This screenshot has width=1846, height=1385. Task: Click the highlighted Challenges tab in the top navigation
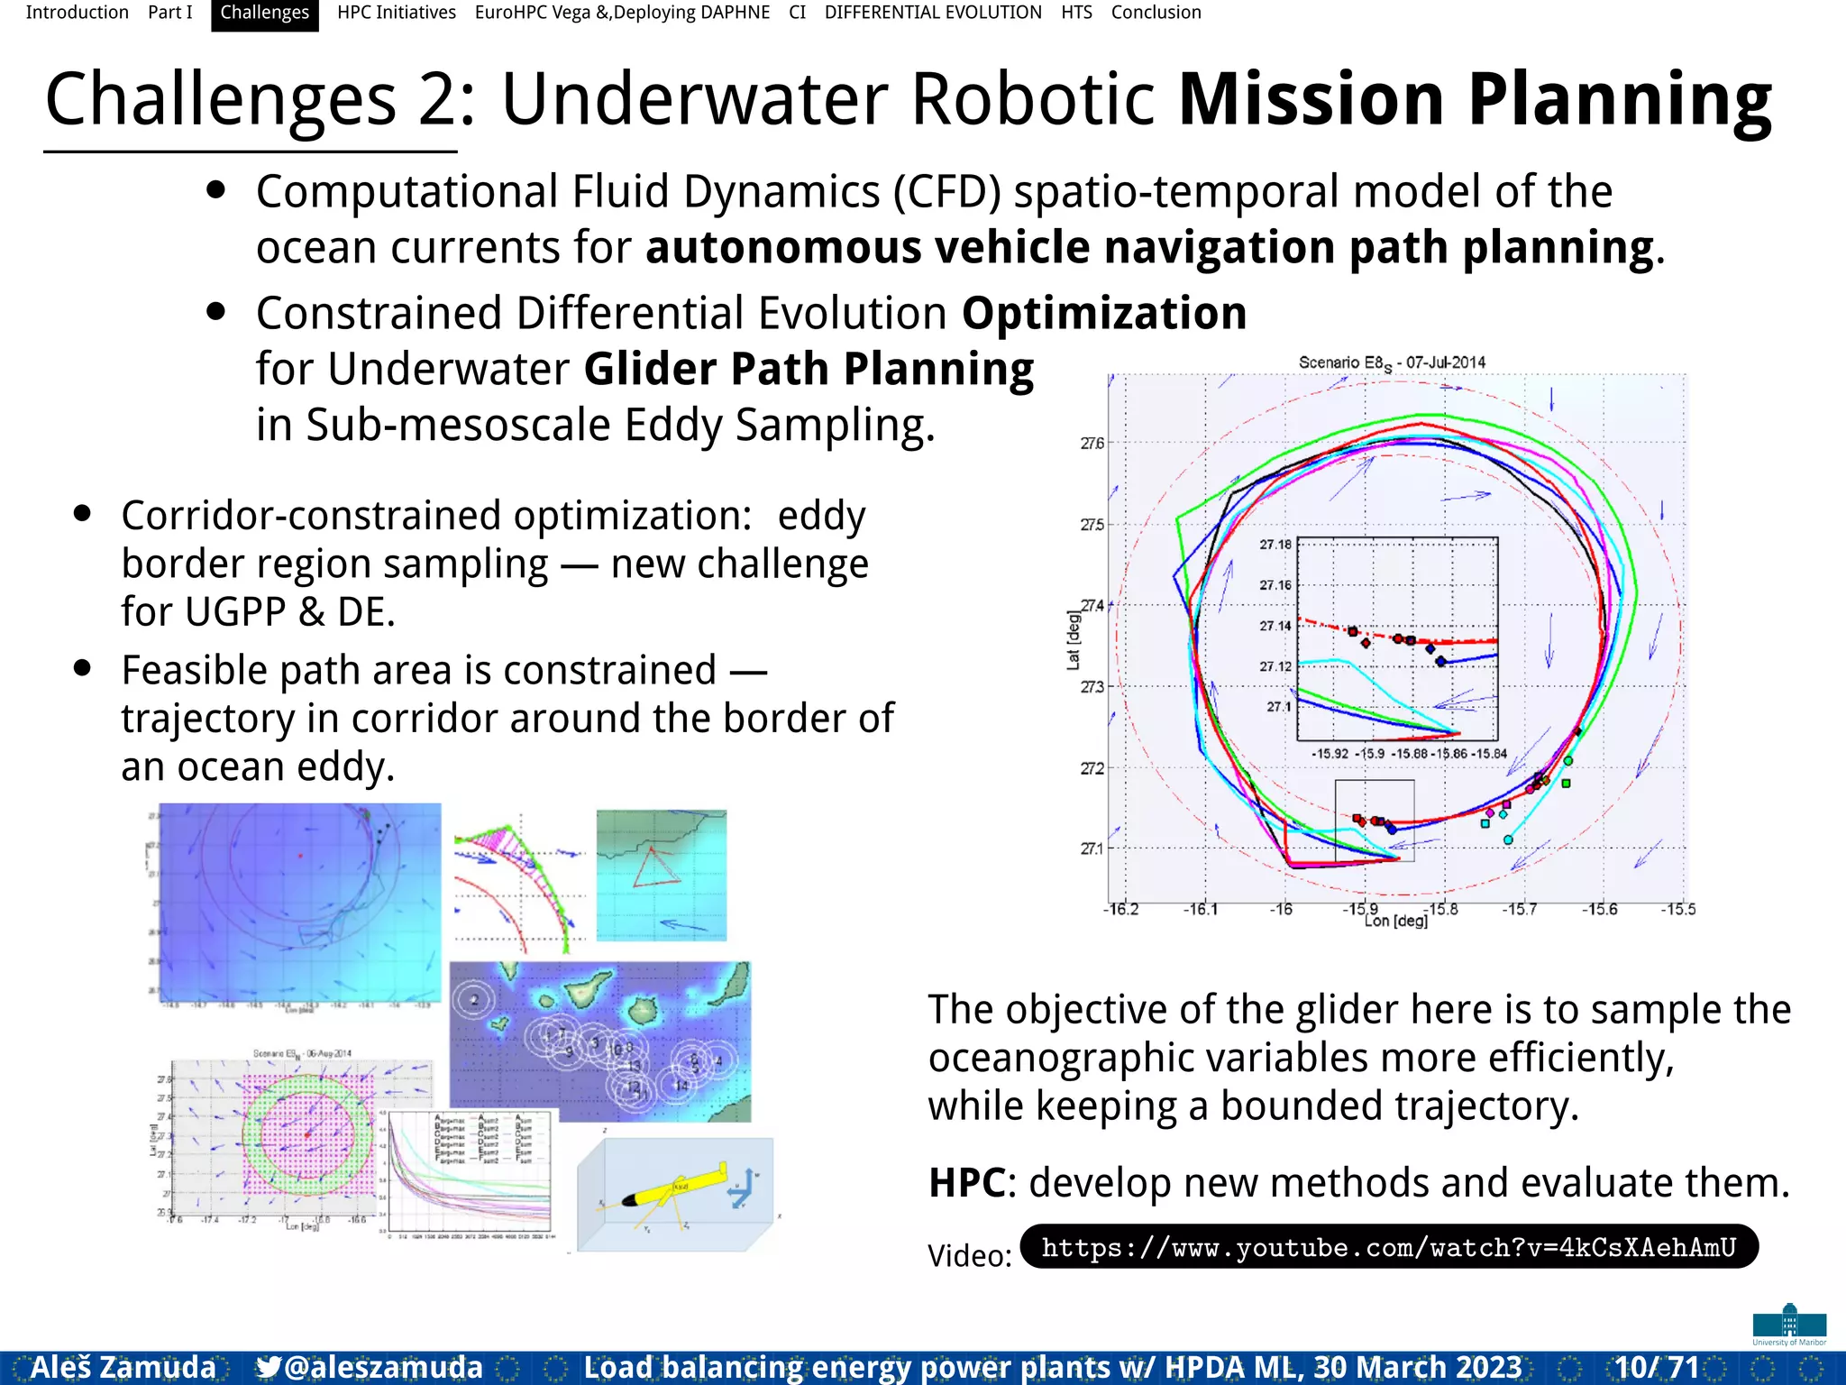(264, 14)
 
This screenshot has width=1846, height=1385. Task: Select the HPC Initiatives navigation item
(397, 14)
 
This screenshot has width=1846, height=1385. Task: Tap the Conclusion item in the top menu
(1156, 14)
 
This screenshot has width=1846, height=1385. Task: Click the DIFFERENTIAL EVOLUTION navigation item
(933, 14)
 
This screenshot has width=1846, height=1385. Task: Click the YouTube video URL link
(1388, 1248)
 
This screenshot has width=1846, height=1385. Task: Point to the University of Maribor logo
(1789, 1324)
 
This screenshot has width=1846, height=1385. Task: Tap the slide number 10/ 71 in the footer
(1657, 1367)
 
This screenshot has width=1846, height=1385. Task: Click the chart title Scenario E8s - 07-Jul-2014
(1392, 362)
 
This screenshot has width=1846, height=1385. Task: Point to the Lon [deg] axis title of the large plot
(1395, 922)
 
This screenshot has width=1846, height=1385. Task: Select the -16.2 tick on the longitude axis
(1120, 909)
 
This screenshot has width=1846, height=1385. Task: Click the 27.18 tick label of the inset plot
(1275, 545)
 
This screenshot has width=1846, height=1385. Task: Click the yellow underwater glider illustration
(676, 1190)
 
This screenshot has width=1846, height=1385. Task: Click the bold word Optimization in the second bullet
(1104, 314)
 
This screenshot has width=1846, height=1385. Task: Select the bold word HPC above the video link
(966, 1183)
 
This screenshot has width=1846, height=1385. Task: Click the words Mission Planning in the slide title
(1475, 99)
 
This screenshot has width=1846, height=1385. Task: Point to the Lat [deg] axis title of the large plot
(1073, 640)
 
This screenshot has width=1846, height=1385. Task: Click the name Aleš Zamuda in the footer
(123, 1367)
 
